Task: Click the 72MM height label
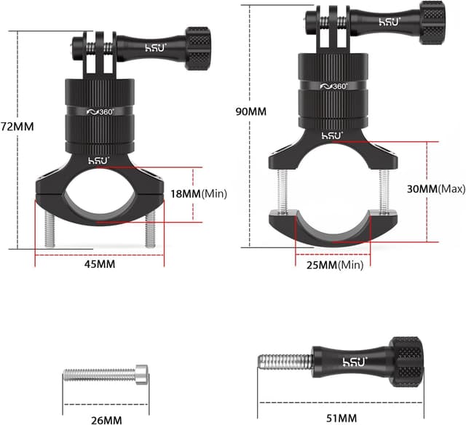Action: point(17,126)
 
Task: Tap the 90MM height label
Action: point(252,111)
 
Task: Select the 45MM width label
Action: point(100,264)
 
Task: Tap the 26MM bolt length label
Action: point(106,420)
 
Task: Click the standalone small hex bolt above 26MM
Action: point(106,374)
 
